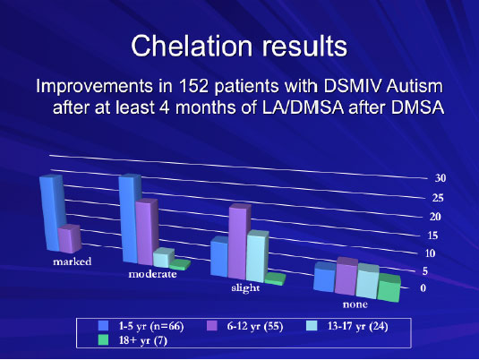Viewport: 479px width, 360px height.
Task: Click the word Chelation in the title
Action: click(192, 46)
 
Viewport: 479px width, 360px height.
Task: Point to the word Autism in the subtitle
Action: click(415, 86)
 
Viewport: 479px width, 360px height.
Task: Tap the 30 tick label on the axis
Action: click(441, 178)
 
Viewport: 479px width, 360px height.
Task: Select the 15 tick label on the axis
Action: click(432, 236)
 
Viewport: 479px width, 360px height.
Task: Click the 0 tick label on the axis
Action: click(423, 287)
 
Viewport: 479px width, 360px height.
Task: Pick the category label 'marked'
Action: click(73, 261)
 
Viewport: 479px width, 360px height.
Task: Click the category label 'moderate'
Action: click(152, 274)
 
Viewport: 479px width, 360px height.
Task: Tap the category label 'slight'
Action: click(245, 287)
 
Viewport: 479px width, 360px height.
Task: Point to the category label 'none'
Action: click(355, 304)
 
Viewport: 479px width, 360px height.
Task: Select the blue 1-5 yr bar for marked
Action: click(52, 213)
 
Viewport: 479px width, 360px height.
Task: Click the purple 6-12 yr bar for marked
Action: click(70, 239)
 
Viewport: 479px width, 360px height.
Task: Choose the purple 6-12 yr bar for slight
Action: click(239, 242)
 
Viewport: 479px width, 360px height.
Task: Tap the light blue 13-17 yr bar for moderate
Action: click(164, 257)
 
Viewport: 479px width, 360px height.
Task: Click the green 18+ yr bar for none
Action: click(389, 287)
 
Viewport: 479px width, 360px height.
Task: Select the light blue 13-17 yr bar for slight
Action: click(257, 256)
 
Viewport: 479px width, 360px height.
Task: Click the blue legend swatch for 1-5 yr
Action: click(104, 326)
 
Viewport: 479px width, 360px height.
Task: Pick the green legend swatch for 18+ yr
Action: click(104, 340)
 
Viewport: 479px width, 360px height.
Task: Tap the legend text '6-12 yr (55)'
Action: click(255, 326)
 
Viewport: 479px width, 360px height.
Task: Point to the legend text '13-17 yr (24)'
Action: click(358, 326)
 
